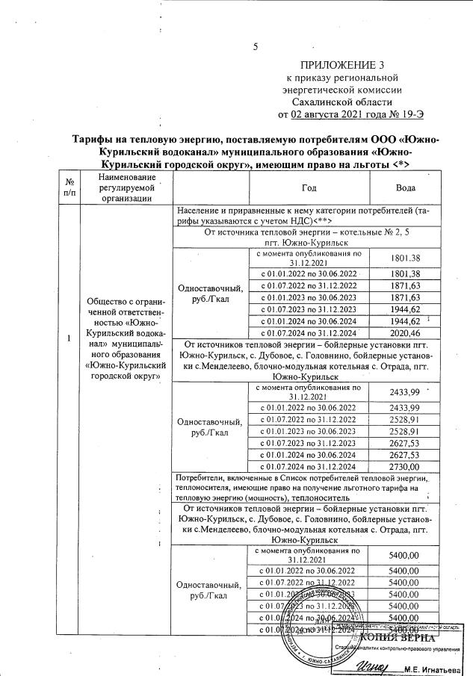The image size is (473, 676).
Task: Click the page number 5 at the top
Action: pos(256,47)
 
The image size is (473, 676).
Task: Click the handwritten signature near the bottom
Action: pos(371,665)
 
